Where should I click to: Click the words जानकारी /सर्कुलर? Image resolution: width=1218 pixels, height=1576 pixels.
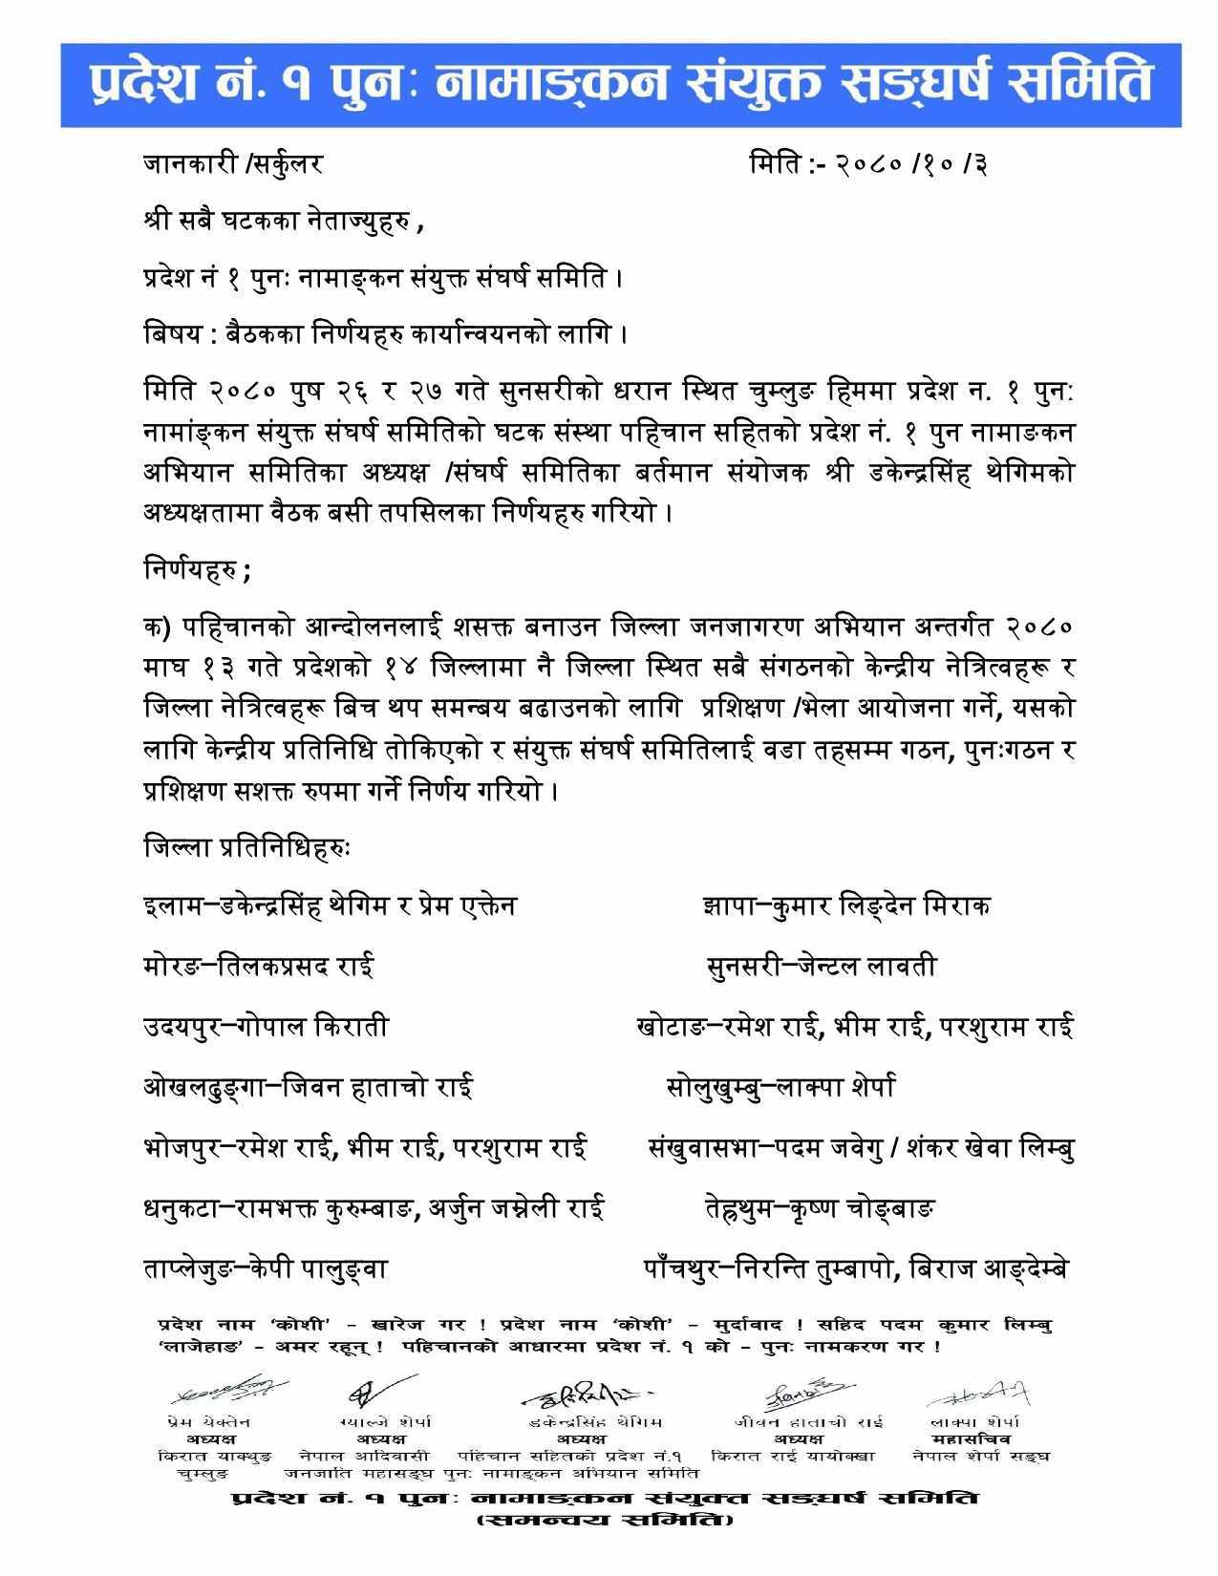[233, 164]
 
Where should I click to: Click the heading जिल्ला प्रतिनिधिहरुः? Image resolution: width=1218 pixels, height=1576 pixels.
[247, 846]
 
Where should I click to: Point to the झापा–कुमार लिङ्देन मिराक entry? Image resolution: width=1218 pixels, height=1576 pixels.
[844, 905]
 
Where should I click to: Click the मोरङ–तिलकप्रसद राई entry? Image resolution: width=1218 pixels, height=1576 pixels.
[258, 966]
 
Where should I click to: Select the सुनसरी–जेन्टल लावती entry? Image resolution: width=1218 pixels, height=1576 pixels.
[821, 966]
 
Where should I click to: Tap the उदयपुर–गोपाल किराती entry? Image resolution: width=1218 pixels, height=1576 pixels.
[266, 1027]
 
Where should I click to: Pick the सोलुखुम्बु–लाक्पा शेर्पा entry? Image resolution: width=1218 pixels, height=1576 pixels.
[780, 1087]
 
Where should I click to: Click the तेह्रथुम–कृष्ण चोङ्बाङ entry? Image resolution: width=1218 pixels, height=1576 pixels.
[819, 1209]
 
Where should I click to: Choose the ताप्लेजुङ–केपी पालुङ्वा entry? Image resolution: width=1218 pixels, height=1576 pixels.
[266, 1269]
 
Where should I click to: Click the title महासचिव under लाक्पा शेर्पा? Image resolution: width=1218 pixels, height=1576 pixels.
[976, 1438]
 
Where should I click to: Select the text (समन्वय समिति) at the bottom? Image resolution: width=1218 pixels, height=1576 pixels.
[606, 1519]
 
